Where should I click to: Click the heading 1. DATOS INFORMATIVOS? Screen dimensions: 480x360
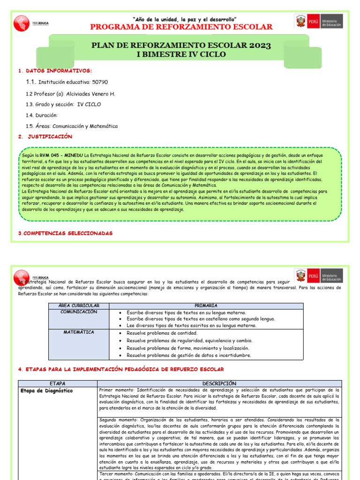coord(55,70)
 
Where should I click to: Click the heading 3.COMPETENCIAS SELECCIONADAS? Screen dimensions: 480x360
coord(65,233)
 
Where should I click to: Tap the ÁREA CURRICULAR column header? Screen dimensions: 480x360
coord(78,306)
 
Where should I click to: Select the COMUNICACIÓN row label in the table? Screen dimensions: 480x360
coord(78,312)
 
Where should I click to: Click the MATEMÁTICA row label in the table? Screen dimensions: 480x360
coord(78,332)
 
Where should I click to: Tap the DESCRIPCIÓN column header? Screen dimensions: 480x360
coord(219,383)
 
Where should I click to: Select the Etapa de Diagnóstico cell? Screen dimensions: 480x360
coord(46,390)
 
